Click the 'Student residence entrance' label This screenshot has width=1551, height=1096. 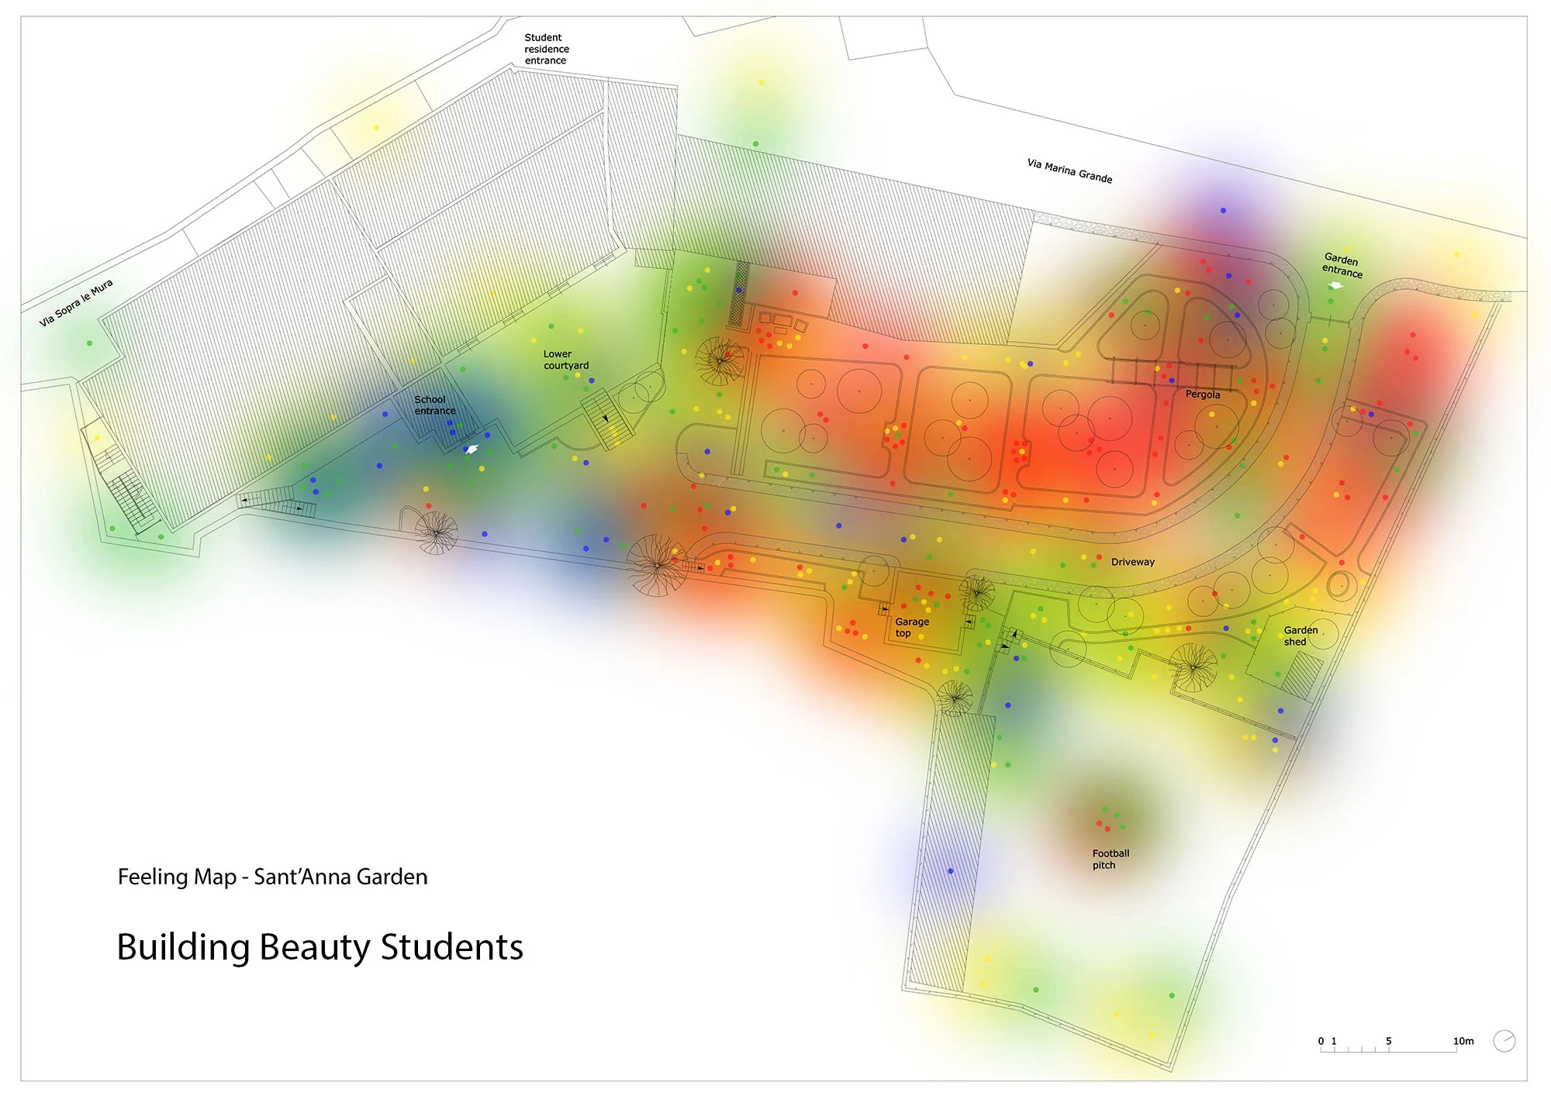click(x=546, y=49)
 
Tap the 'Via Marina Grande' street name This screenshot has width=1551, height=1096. click(x=1069, y=171)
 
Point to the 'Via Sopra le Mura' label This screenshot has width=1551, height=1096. click(x=76, y=302)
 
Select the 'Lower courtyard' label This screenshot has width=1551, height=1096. click(x=565, y=360)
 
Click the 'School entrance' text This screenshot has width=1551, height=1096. click(x=434, y=405)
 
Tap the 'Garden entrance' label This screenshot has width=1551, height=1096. click(x=1342, y=265)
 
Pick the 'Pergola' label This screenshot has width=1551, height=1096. click(x=1202, y=395)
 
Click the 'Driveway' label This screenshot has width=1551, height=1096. click(x=1132, y=562)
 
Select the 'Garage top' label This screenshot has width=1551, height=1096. click(x=911, y=627)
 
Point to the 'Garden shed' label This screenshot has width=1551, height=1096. click(x=1300, y=636)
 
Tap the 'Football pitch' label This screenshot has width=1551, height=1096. click(x=1111, y=859)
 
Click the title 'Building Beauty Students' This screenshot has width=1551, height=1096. click(x=320, y=947)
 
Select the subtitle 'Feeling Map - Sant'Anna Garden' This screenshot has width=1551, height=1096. click(x=272, y=877)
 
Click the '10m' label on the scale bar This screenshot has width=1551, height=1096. click(x=1463, y=1041)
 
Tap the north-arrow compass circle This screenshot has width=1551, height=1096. click(x=1504, y=1041)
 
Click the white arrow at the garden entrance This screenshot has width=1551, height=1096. click(x=1335, y=285)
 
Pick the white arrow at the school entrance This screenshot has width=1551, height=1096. click(x=471, y=450)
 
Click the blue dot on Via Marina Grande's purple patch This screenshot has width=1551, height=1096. click(x=1223, y=210)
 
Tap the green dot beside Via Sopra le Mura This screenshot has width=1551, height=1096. click(x=90, y=343)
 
